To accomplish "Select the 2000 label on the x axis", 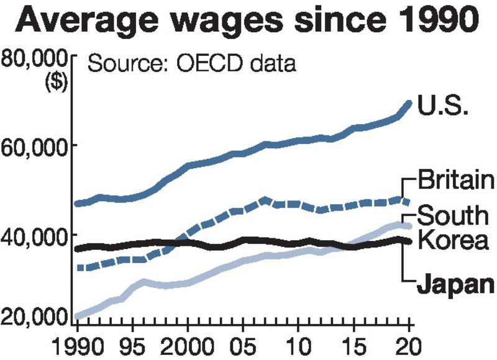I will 187,344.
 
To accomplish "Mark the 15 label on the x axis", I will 354,344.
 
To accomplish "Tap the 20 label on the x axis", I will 409,344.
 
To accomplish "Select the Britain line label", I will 455,181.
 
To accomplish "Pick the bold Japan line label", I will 454,286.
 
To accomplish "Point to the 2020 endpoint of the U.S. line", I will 409,104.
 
